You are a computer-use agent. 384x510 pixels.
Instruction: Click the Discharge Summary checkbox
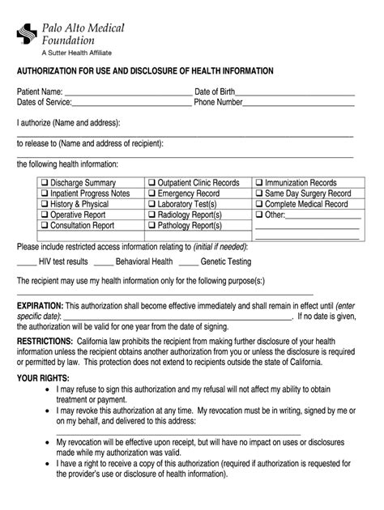pyautogui.click(x=45, y=184)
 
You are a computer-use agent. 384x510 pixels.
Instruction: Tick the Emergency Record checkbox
pyautogui.click(x=151, y=194)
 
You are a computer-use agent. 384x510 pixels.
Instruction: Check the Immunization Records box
pyautogui.click(x=259, y=184)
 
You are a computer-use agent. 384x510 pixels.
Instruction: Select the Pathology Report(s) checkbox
pyautogui.click(x=151, y=226)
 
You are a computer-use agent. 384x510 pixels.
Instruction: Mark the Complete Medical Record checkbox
pyautogui.click(x=259, y=205)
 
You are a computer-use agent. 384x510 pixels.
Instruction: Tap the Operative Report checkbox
pyautogui.click(x=45, y=215)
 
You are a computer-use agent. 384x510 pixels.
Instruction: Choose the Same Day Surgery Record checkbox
pyautogui.click(x=259, y=194)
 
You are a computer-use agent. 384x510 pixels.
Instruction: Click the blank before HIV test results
pyautogui.click(x=26, y=262)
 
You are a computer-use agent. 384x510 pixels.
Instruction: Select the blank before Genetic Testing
pyautogui.click(x=189, y=262)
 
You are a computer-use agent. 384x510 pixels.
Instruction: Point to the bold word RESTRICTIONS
pyautogui.click(x=45, y=342)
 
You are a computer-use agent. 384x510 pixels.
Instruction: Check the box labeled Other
pyautogui.click(x=259, y=215)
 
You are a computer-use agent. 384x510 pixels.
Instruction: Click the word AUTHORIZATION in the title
pyautogui.click(x=55, y=72)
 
